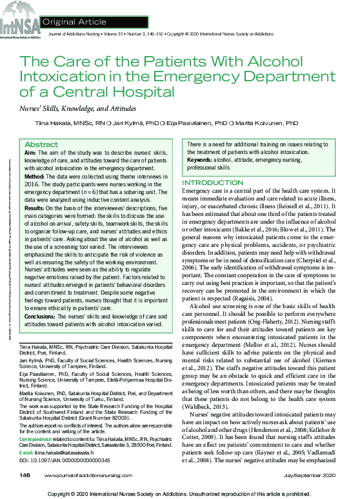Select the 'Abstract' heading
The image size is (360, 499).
click(41, 144)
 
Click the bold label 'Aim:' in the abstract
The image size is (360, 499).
click(30, 153)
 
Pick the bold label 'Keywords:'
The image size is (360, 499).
click(199, 160)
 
